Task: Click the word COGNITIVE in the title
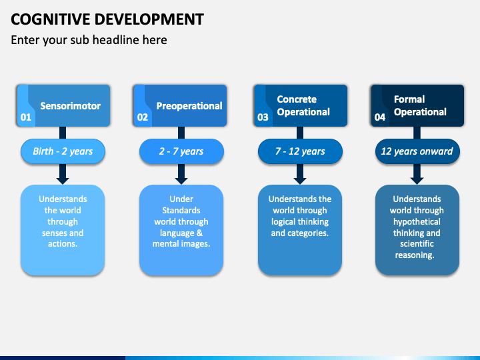pyautogui.click(x=51, y=19)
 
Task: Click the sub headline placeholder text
pyautogui.click(x=89, y=40)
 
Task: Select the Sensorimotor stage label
pyautogui.click(x=71, y=106)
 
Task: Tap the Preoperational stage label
pyautogui.click(x=189, y=106)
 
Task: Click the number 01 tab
pyautogui.click(x=26, y=117)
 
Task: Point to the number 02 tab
pyautogui.click(x=143, y=117)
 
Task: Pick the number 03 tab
pyautogui.click(x=263, y=117)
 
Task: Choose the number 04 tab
pyautogui.click(x=380, y=117)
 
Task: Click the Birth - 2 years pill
pyautogui.click(x=63, y=151)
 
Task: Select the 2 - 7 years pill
pyautogui.click(x=181, y=151)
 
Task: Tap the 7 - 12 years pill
pyautogui.click(x=300, y=151)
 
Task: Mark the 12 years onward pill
pyautogui.click(x=417, y=151)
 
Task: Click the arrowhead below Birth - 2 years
pyautogui.click(x=63, y=181)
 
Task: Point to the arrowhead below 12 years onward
pyautogui.click(x=417, y=181)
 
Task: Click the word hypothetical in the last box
pyautogui.click(x=417, y=222)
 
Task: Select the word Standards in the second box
pyautogui.click(x=181, y=210)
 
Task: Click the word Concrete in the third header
pyautogui.click(x=297, y=99)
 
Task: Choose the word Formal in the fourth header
pyautogui.click(x=409, y=99)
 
